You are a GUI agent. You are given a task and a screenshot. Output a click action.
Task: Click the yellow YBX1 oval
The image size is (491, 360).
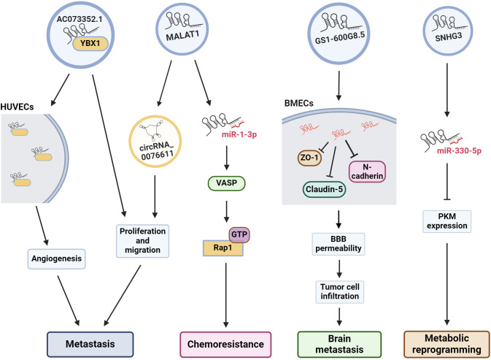90,44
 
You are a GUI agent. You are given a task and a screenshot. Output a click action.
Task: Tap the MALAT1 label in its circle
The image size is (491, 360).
182,35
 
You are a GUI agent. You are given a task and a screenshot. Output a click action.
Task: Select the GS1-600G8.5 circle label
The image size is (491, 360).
340,37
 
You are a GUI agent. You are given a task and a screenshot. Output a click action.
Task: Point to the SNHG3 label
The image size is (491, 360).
449,37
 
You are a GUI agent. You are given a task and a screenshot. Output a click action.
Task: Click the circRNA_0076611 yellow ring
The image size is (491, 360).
129,141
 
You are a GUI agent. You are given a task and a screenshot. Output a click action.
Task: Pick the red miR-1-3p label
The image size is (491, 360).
239,134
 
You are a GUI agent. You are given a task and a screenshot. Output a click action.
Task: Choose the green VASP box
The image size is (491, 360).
226,183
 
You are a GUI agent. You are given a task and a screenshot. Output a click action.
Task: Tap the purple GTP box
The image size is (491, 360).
239,234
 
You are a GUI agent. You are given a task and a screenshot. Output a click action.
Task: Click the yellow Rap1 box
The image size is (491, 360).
223,248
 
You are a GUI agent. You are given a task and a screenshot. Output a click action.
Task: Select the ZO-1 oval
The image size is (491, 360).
309,158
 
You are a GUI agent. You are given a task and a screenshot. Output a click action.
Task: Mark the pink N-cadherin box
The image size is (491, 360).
367,172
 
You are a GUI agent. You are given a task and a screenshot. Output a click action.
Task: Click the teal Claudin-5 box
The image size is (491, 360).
324,190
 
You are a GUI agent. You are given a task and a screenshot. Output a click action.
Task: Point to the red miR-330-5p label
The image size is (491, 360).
459,150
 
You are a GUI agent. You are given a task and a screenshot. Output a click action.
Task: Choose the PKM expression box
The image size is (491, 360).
446,221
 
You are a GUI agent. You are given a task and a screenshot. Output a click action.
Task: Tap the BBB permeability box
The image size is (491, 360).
339,244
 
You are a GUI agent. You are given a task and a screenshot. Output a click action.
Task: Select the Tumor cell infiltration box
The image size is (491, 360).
340,291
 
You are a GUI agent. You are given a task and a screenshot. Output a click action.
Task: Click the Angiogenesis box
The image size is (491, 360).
56,258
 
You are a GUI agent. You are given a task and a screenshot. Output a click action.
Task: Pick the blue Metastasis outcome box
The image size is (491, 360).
90,345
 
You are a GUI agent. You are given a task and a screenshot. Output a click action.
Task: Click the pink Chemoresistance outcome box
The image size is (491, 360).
225,345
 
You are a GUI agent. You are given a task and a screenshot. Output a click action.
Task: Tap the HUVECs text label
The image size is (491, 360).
17,107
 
